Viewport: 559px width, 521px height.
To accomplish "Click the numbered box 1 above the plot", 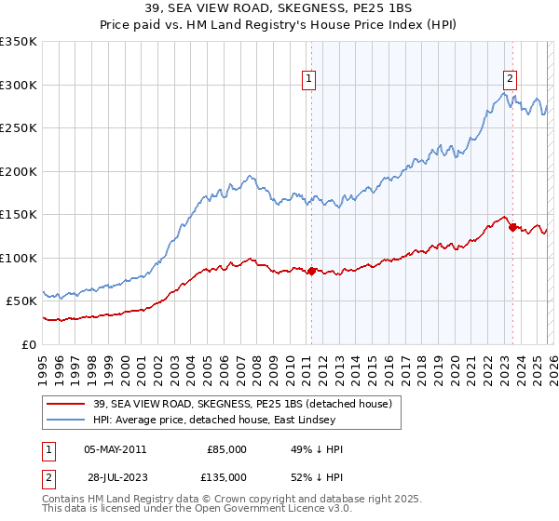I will pyautogui.click(x=308, y=80).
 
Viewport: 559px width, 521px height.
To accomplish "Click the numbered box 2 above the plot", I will pyautogui.click(x=511, y=80).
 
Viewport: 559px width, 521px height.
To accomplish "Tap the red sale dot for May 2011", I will pyautogui.click(x=311, y=271).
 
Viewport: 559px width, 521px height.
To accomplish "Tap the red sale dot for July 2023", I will pyautogui.click(x=512, y=227).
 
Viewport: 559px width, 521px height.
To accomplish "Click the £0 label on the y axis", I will pyautogui.click(x=30, y=344).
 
